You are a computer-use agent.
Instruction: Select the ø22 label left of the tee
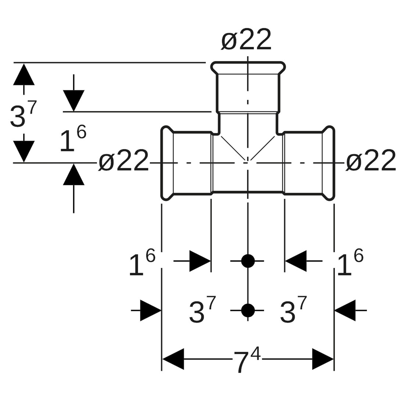coord(124,161)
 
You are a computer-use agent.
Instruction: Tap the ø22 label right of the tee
coord(371,161)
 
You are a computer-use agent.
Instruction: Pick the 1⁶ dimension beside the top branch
coord(73,139)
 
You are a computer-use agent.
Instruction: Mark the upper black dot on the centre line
coord(248,261)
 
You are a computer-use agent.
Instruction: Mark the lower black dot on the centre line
coord(248,311)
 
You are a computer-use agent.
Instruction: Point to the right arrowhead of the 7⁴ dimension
coord(322,359)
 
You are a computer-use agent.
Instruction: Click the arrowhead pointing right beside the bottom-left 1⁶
coord(199,261)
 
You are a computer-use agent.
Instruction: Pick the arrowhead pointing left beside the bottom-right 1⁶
coord(296,261)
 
